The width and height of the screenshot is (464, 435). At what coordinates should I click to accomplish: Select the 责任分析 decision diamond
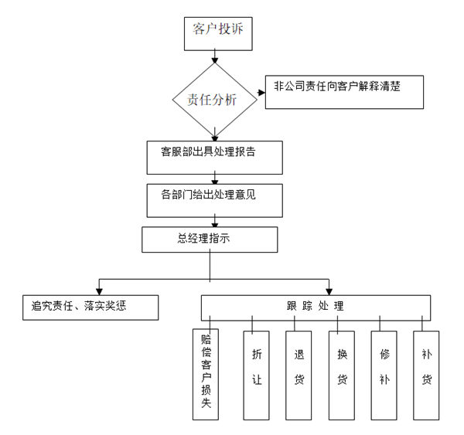[214, 100]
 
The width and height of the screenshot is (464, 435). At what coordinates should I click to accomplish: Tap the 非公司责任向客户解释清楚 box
[343, 91]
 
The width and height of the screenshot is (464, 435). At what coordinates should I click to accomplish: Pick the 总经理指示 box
[210, 239]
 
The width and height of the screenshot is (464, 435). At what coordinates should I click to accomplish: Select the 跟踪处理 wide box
[317, 306]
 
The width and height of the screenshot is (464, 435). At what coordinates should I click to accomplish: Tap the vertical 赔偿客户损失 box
[206, 375]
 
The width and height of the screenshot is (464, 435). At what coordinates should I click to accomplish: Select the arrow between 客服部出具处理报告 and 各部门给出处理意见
[214, 179]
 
